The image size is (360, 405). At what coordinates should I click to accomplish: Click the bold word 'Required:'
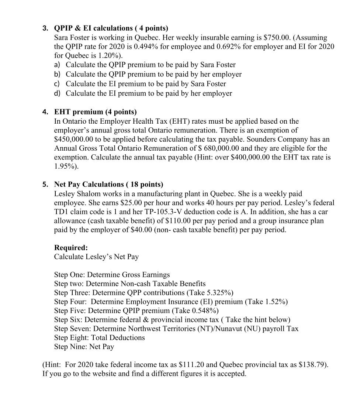71,248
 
